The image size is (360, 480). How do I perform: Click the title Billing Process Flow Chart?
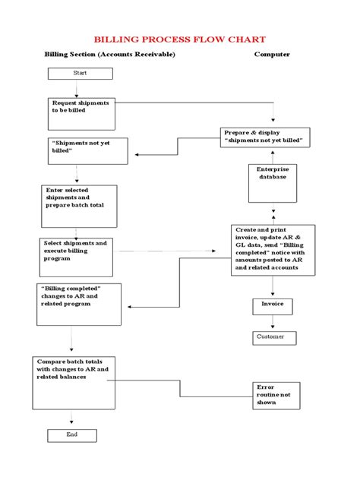point(179,39)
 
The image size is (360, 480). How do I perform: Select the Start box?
point(81,73)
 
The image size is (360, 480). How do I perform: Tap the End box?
point(72,435)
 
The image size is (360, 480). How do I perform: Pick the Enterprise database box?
point(272,183)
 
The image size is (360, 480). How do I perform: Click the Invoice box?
point(272,306)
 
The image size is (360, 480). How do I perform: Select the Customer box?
point(274,337)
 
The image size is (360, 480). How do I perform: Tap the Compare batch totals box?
point(78,383)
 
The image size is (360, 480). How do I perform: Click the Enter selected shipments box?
point(79,205)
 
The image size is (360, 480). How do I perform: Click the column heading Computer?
point(272,55)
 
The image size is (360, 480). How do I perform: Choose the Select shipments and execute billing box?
point(77,257)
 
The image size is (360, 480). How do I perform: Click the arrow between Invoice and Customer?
point(272,323)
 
